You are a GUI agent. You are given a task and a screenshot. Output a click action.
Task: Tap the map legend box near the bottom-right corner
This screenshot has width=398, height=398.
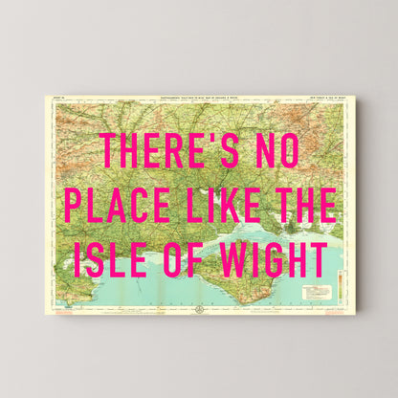(x=315, y=291)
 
